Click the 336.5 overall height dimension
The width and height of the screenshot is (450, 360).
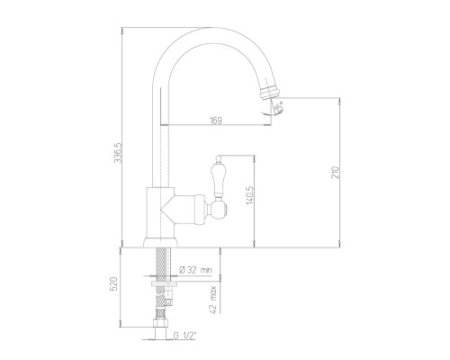119,152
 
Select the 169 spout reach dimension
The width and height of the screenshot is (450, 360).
216,121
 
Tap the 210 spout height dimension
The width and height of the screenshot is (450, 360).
336,172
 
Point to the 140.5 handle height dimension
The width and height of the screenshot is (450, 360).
250,194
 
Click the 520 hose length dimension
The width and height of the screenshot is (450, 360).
114,284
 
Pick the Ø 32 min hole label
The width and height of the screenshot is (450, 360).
195,270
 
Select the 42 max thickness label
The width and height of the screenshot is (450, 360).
213,300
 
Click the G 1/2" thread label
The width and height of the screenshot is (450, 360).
185,335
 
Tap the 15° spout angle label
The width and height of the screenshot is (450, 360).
279,107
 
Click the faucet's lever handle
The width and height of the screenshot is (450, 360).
218,179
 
